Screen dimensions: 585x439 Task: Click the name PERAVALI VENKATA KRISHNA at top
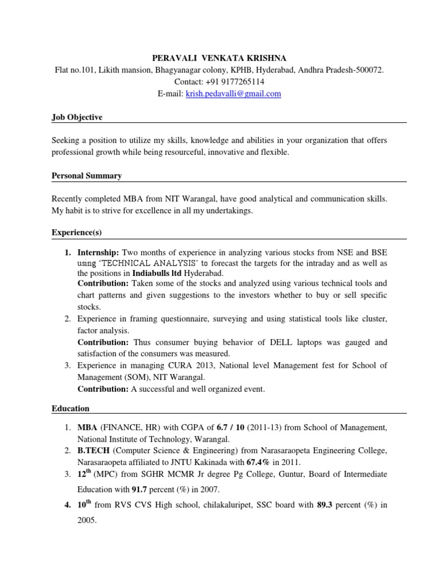219,58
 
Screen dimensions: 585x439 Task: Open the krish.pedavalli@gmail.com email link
233,94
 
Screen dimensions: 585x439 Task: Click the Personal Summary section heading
86,176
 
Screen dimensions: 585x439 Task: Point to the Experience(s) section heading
77,234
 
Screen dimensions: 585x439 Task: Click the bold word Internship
98,252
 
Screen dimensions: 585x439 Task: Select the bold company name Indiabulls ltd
157,273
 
